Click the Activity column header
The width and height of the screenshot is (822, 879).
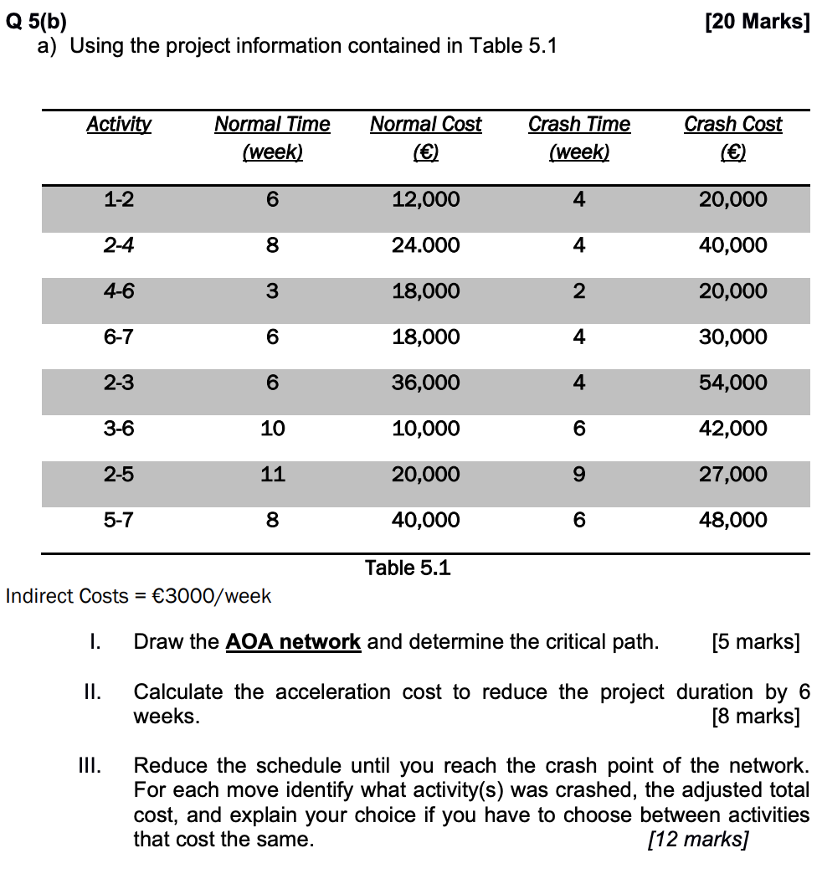(x=119, y=125)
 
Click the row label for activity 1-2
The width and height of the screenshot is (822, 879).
(x=119, y=200)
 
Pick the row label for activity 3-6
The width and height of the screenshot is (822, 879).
(x=119, y=429)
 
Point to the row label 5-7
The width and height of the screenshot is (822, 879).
(x=119, y=520)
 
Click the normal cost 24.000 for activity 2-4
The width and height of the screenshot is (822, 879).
(x=425, y=246)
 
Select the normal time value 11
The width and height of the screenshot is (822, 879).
(x=272, y=475)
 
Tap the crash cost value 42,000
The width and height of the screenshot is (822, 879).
(x=732, y=429)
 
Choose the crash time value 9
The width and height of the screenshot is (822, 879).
(x=578, y=475)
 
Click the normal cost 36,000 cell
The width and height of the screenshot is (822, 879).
(x=425, y=383)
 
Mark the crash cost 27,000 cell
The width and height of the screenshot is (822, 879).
(x=732, y=475)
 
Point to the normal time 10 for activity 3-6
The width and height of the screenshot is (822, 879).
(x=272, y=429)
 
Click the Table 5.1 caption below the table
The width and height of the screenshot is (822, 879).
(x=408, y=568)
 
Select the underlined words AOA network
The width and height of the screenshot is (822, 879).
(x=293, y=643)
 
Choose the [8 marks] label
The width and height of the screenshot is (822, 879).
(x=755, y=717)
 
